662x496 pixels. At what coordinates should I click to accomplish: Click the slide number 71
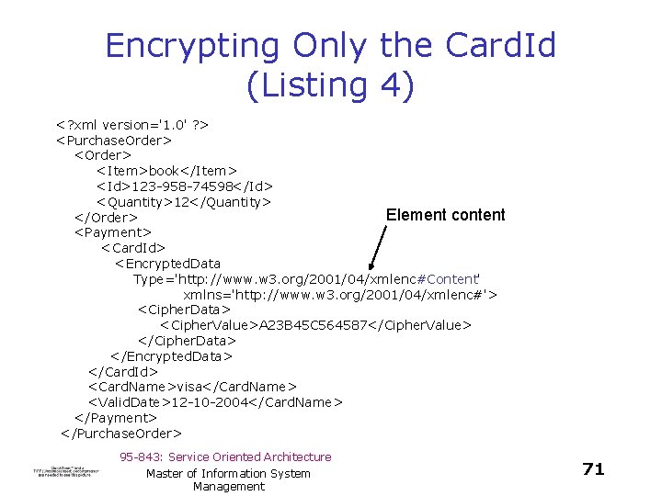point(594,469)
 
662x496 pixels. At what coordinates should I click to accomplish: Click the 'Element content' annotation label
point(445,215)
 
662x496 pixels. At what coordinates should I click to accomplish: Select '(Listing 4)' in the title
point(331,85)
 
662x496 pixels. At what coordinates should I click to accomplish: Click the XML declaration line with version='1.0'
point(134,124)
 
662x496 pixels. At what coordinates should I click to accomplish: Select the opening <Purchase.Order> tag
point(114,140)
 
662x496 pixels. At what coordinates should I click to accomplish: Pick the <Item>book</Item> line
point(167,170)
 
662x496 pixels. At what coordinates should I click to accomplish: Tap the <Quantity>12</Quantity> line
point(184,201)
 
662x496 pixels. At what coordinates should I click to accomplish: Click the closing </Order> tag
point(106,217)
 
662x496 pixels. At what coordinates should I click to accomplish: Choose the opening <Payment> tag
point(112,232)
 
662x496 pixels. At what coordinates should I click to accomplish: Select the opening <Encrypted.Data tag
point(167,264)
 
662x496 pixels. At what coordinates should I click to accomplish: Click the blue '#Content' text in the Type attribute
point(445,278)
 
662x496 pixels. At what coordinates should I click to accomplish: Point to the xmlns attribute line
point(340,294)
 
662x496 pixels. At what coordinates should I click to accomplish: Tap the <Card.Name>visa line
point(192,387)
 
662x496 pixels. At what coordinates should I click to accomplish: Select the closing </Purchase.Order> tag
point(121,433)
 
